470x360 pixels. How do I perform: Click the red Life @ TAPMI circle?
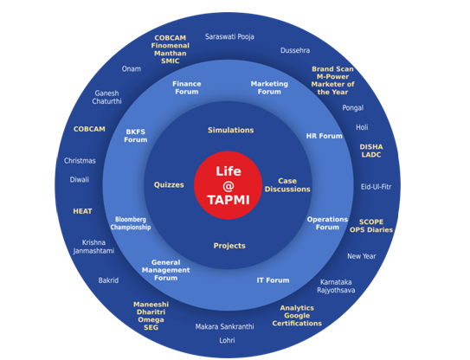point(229,185)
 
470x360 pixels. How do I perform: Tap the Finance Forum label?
point(187,87)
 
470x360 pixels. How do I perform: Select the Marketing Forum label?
point(269,87)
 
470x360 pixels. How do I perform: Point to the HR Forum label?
point(324,136)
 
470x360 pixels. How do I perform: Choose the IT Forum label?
point(273,280)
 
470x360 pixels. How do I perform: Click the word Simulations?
point(231,130)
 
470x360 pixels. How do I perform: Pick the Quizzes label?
point(169,184)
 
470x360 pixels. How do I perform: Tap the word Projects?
point(229,246)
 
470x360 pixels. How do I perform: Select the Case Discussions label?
point(287,185)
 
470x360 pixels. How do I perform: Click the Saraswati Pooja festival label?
point(229,36)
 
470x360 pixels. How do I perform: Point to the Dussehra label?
point(295,50)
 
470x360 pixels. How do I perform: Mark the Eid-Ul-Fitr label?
point(377,187)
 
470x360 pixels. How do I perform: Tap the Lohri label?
point(227,340)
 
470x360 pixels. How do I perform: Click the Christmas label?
point(80,161)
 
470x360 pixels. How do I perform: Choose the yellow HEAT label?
point(82,211)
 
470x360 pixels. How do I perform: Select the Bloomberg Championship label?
point(131,223)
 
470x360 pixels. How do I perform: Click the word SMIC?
point(171,61)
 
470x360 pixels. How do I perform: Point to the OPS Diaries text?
point(371,230)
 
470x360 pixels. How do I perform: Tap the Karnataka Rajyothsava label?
point(336,286)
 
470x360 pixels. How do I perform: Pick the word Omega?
point(151,320)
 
